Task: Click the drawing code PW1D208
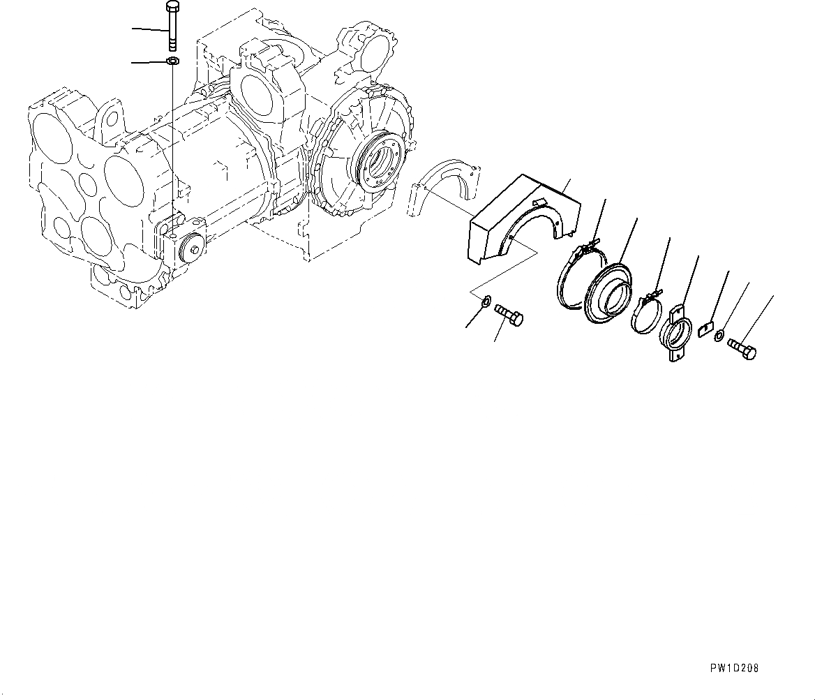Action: (735, 669)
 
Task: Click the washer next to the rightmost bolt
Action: (719, 336)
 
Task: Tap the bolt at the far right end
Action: (742, 348)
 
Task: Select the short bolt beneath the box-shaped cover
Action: (509, 315)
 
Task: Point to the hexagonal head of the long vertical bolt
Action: (172, 8)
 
